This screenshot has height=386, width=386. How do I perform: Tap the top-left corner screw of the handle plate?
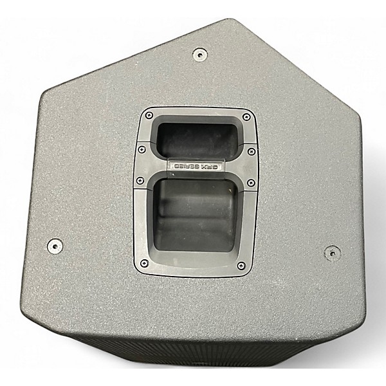(149, 116)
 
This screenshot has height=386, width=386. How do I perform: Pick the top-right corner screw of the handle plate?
(244, 116)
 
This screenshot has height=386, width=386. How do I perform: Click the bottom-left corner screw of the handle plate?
(142, 264)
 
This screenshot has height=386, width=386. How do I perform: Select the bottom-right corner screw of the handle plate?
(241, 264)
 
